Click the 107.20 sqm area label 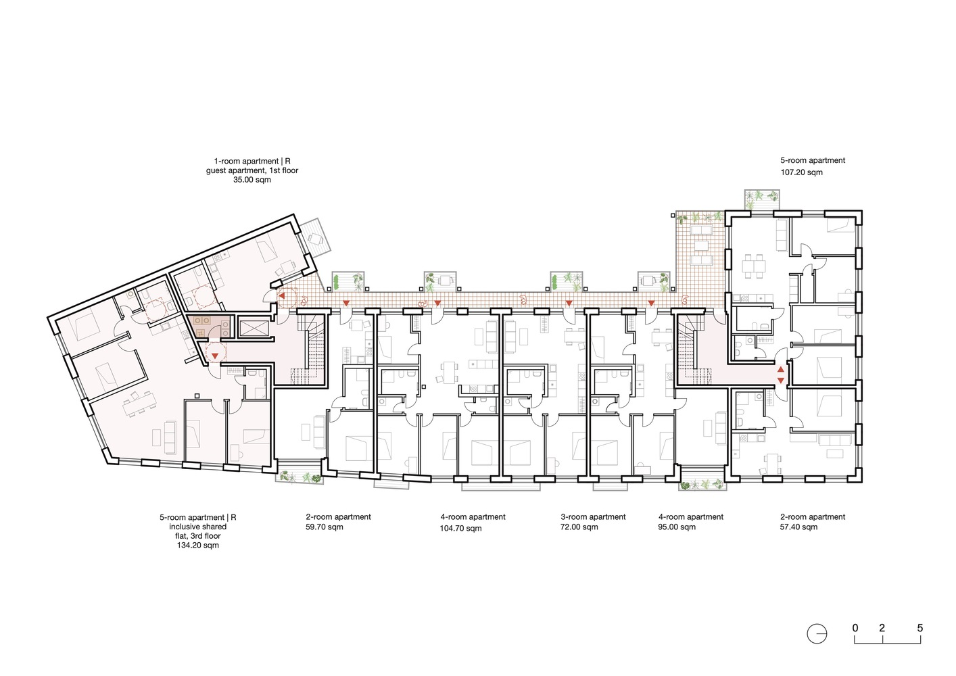801,172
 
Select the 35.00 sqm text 252,180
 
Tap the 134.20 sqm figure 198,546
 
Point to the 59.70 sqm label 325,527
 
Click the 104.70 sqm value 460,528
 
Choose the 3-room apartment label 593,517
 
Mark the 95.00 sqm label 677,527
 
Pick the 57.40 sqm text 798,527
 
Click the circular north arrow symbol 817,634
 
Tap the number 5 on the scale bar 919,628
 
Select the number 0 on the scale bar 855,628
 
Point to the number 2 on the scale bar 882,628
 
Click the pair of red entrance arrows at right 781,375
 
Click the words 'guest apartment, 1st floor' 252,170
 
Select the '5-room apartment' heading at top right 813,161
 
